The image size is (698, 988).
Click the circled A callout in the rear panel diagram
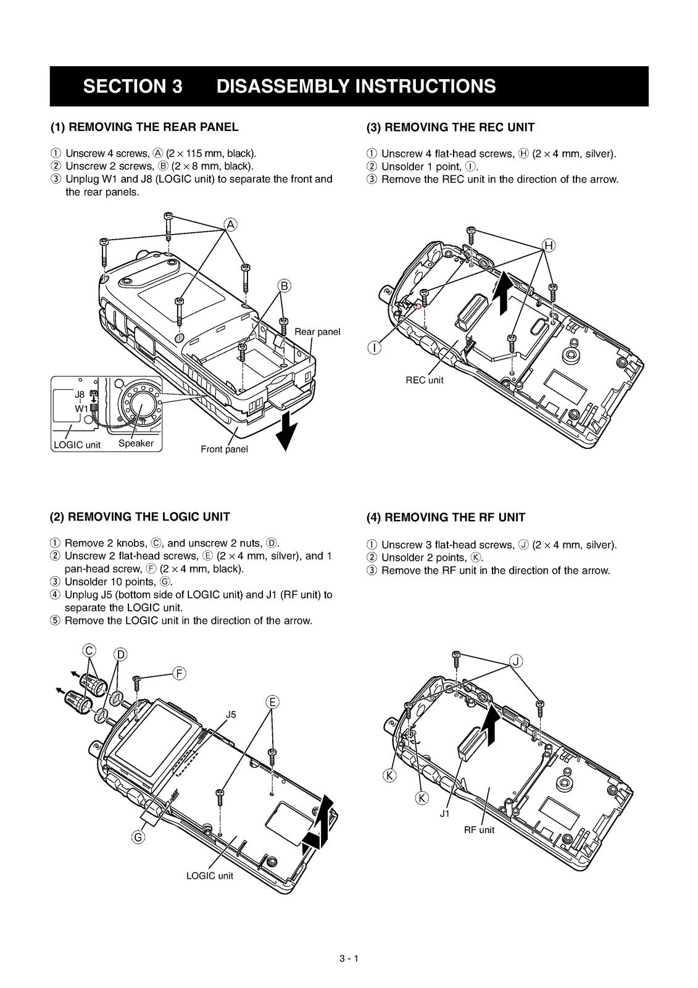pos(230,224)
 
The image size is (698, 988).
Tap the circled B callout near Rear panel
pos(285,285)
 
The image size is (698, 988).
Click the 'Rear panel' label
pos(317,332)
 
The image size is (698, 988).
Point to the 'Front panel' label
pos(224,449)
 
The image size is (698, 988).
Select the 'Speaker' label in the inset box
pos(136,443)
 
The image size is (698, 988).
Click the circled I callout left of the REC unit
pos(375,348)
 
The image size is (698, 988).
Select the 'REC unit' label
pos(424,380)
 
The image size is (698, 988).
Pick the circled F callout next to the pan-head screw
pos(178,673)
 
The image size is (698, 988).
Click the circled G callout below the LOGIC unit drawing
pos(139,837)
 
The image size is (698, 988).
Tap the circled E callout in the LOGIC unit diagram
pos(272,701)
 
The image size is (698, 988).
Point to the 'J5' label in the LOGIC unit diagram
pos(231,714)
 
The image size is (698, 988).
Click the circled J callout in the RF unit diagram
pos(516,661)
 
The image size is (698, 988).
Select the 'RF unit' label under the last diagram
pos(479,830)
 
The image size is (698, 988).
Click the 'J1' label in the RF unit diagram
pos(445,814)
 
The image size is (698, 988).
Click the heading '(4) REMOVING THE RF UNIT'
pos(446,517)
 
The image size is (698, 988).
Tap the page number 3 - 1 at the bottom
pos(349,959)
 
